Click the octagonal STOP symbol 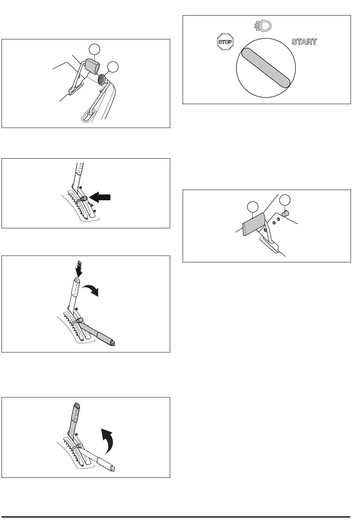[x=225, y=42]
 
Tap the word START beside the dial [x=304, y=42]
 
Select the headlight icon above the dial [x=263, y=26]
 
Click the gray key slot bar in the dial [x=266, y=68]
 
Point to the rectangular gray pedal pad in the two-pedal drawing [x=92, y=66]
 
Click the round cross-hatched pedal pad [x=102, y=80]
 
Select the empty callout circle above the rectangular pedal [x=94, y=49]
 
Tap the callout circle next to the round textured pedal [x=113, y=67]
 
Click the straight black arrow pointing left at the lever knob [x=100, y=197]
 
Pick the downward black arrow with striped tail [x=79, y=269]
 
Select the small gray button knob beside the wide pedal [x=285, y=213]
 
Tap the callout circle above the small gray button [x=285, y=200]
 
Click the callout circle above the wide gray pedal [x=253, y=207]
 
